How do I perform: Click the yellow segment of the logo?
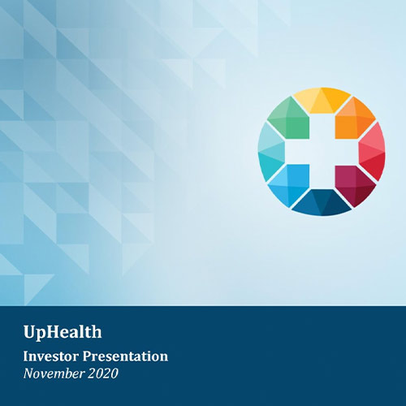322,101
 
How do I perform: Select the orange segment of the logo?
355,119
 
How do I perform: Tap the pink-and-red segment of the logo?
373,152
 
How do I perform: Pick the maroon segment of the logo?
354,184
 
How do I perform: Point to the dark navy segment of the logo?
322,203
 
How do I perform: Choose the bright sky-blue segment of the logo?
290,184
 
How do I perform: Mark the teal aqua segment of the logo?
271,152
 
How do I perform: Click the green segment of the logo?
290,119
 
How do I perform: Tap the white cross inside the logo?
322,152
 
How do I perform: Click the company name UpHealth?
63,332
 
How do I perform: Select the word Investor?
51,356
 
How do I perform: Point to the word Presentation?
125,356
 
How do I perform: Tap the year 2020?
103,374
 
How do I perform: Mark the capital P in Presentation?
88,356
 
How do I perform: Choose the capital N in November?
28,374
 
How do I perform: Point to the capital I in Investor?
26,356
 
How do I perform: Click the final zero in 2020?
114,374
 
